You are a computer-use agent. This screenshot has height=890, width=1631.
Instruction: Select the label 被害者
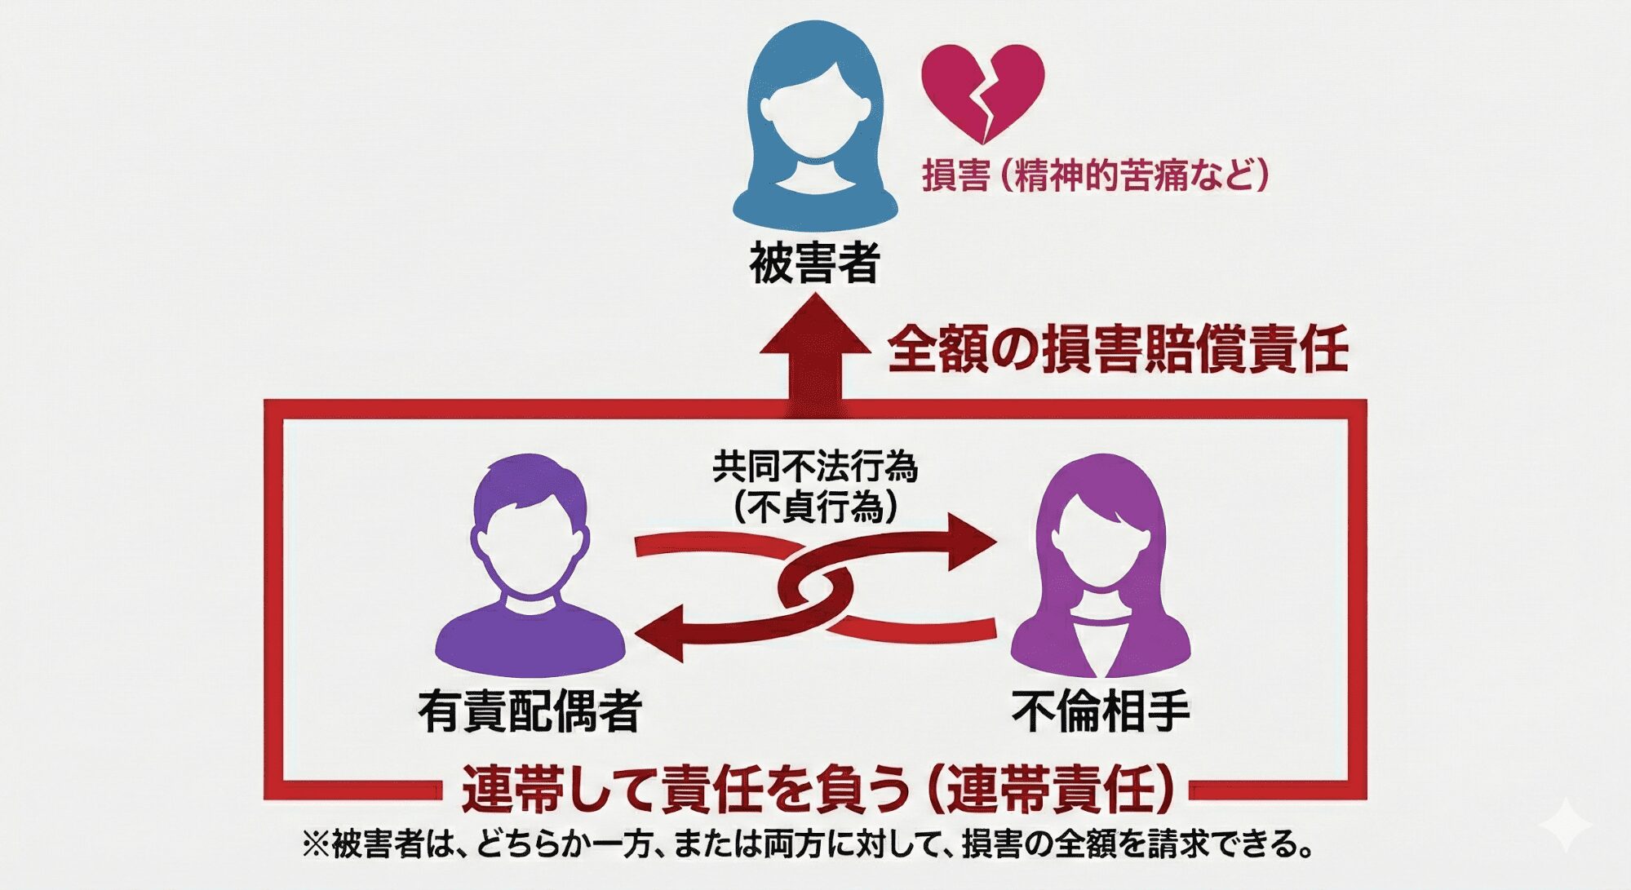pyautogui.click(x=814, y=263)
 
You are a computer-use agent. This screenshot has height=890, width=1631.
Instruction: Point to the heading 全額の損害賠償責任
pyautogui.click(x=1117, y=349)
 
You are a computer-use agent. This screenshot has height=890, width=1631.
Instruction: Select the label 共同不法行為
pyautogui.click(x=815, y=467)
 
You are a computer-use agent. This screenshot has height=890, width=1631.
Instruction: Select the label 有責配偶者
pyautogui.click(x=530, y=711)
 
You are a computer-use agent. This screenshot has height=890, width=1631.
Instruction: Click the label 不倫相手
pyautogui.click(x=1101, y=711)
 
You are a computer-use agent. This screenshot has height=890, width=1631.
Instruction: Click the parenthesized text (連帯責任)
pyautogui.click(x=1053, y=790)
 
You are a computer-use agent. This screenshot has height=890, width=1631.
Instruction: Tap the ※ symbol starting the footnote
pyautogui.click(x=315, y=844)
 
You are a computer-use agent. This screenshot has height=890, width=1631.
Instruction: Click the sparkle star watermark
pyautogui.click(x=1566, y=826)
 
